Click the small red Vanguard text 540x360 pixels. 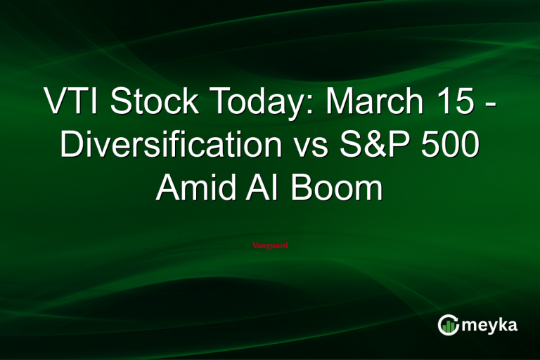[x=269, y=245]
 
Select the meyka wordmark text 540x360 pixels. [x=489, y=325]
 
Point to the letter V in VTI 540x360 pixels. [x=56, y=104]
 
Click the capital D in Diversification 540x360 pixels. [x=71, y=146]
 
